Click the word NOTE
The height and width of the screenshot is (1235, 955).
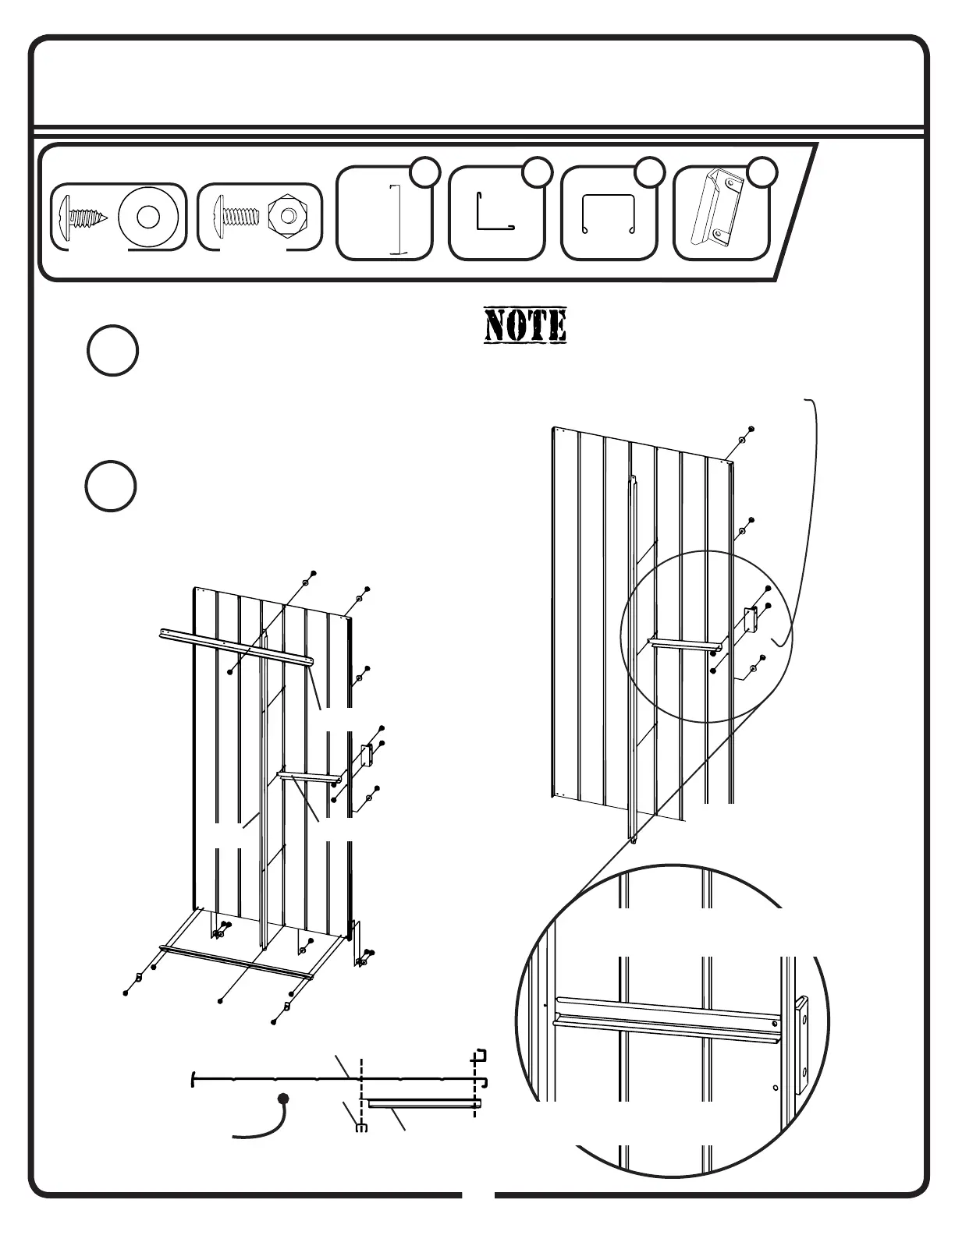click(x=525, y=326)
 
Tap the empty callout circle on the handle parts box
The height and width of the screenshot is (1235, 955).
click(x=762, y=172)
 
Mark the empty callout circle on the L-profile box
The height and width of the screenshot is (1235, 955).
click(x=537, y=172)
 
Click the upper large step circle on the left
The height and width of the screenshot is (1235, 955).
click(x=112, y=351)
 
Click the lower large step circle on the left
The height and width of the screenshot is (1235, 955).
click(x=111, y=486)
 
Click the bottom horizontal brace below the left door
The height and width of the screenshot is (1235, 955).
click(x=236, y=961)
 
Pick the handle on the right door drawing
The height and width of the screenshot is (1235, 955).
click(x=751, y=621)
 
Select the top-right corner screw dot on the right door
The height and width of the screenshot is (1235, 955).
click(x=751, y=429)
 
